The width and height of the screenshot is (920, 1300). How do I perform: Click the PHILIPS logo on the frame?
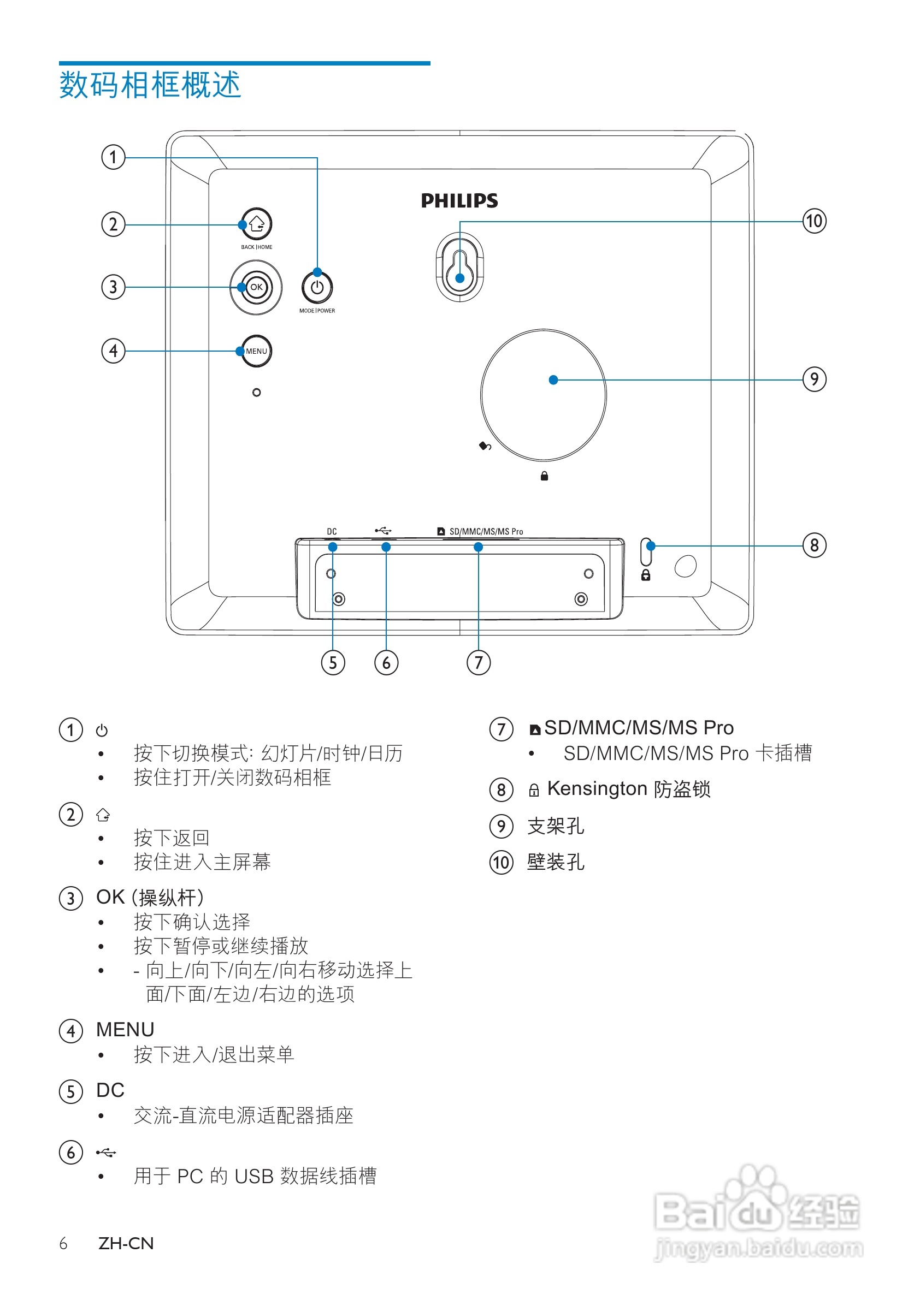(x=459, y=200)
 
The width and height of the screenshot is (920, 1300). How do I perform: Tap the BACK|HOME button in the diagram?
(x=256, y=224)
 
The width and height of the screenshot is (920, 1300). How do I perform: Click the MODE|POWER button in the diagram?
(x=317, y=287)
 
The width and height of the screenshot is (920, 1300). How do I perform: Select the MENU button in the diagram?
(x=256, y=351)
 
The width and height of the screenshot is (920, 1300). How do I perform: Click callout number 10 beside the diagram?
(x=814, y=221)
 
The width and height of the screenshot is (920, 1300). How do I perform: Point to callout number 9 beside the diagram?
(x=814, y=379)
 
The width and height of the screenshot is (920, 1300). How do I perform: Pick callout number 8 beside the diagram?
(x=814, y=545)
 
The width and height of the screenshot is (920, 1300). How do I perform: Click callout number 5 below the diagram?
(x=333, y=662)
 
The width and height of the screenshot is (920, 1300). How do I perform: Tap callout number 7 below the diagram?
(x=478, y=662)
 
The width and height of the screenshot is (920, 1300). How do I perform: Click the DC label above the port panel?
(x=332, y=531)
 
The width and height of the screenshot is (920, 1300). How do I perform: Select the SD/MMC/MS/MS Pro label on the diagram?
(x=486, y=531)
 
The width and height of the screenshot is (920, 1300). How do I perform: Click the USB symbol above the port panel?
(x=383, y=531)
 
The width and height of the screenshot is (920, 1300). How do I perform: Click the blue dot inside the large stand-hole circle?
(x=553, y=380)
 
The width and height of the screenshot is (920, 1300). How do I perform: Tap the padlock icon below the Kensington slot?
(x=645, y=575)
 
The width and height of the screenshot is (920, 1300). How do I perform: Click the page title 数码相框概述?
(x=150, y=85)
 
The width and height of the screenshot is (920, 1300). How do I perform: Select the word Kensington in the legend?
(x=589, y=788)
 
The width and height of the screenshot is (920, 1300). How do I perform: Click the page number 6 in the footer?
(x=63, y=1243)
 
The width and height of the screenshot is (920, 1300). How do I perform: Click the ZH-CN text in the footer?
(x=126, y=1243)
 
